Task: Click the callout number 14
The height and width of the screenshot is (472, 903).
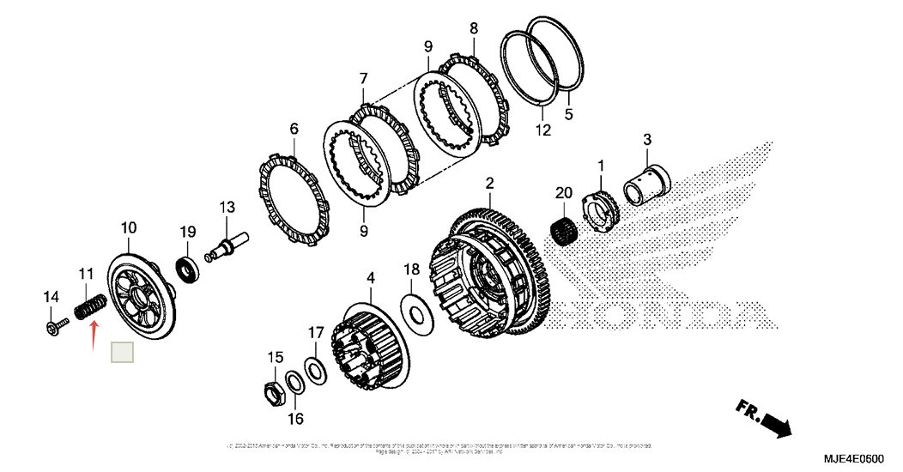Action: [x=51, y=297]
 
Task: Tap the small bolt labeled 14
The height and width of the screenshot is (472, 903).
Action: [x=58, y=326]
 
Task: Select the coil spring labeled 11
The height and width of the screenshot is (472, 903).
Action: [x=90, y=306]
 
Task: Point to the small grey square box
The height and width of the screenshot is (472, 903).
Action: [x=124, y=352]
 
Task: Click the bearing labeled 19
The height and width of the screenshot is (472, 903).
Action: [x=188, y=269]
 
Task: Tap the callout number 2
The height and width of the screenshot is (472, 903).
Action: [x=489, y=184]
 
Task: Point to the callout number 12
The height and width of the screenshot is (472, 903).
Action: [x=542, y=130]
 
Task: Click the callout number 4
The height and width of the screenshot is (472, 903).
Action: [x=371, y=278]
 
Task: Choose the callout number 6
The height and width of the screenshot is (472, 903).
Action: [x=294, y=129]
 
